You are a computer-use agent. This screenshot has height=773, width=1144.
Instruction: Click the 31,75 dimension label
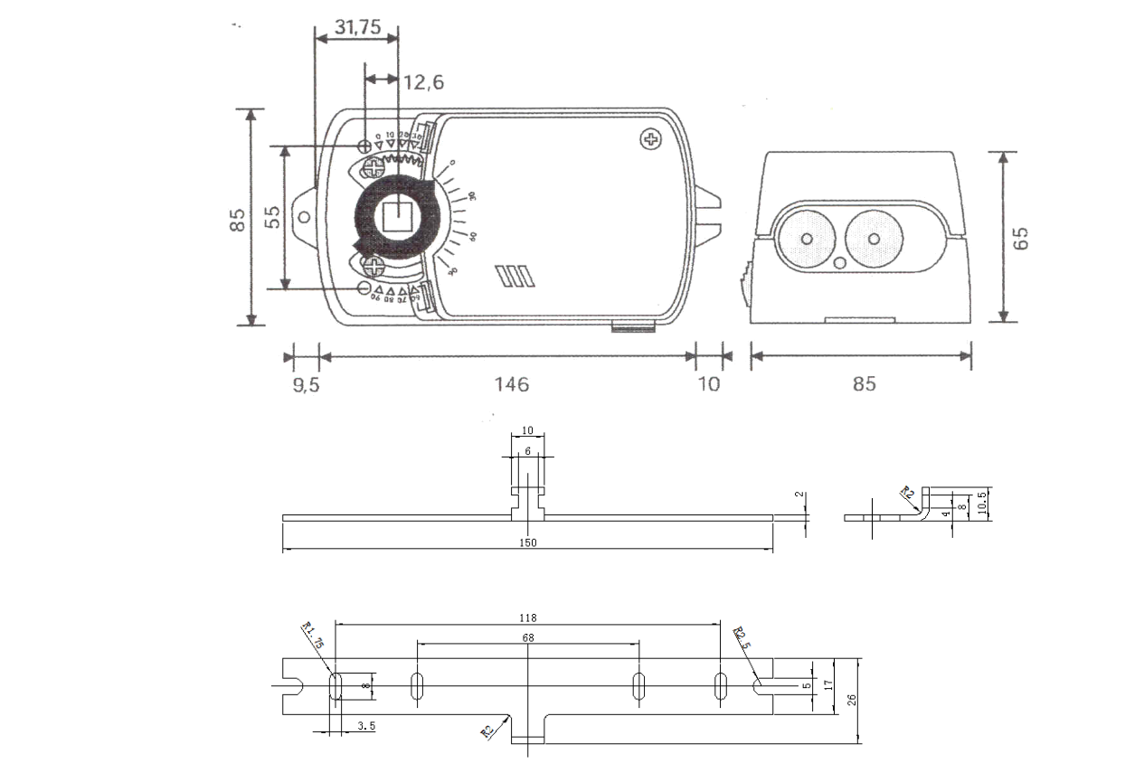click(x=357, y=27)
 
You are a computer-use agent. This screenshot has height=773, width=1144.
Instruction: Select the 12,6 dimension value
click(x=423, y=83)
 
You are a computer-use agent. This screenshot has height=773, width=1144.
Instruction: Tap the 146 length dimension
click(x=511, y=384)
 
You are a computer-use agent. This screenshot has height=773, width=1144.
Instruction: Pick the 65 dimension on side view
click(x=1021, y=238)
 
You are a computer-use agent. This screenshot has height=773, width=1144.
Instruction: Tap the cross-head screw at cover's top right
click(x=650, y=139)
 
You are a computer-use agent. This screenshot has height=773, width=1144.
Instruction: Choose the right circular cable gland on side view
click(x=874, y=238)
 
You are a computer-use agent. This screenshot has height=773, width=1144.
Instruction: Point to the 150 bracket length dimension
click(x=528, y=542)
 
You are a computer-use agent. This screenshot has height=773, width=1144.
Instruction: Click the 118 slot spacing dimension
click(x=528, y=618)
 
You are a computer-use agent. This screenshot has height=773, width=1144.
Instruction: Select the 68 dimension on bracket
click(x=528, y=638)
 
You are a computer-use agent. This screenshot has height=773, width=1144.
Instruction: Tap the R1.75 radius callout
click(x=313, y=635)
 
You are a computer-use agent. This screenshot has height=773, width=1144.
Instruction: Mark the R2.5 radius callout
click(x=742, y=637)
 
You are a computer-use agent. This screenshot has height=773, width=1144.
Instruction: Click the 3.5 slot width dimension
click(x=366, y=725)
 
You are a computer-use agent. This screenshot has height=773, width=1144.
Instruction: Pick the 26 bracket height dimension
click(x=852, y=699)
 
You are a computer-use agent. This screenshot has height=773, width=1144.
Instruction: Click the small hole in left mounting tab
click(x=305, y=218)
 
